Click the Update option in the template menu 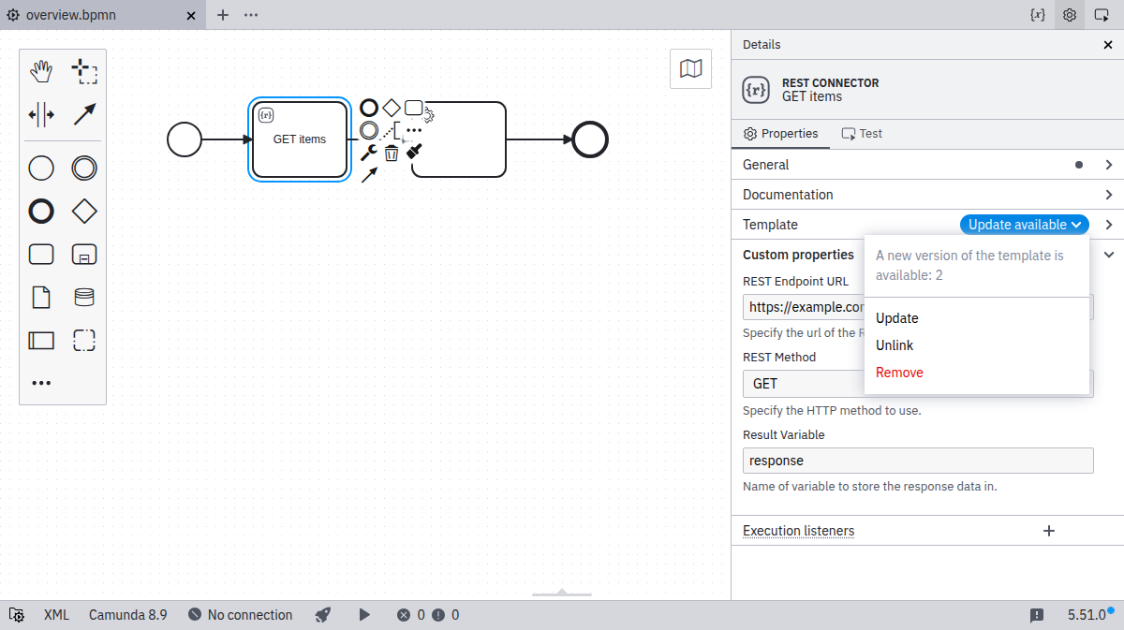click(x=896, y=318)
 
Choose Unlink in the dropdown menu click(x=895, y=345)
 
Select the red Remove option click(x=899, y=373)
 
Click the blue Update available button click(x=1024, y=225)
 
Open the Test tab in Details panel click(x=862, y=134)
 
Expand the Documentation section click(x=927, y=195)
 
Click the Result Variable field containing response click(x=918, y=461)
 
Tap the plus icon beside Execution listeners click(x=1049, y=531)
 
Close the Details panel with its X click(x=1108, y=45)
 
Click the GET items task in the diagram click(x=300, y=139)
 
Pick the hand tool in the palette click(x=41, y=71)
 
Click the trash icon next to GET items click(x=392, y=153)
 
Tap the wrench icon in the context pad click(x=369, y=152)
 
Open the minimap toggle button click(x=690, y=68)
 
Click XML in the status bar click(x=56, y=615)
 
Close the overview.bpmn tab click(x=191, y=16)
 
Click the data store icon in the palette click(x=83, y=298)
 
